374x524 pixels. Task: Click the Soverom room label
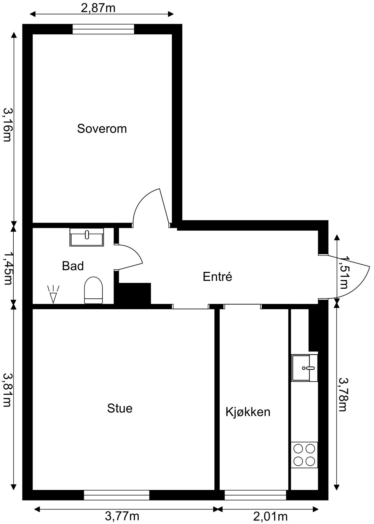coord(102,129)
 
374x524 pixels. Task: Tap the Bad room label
coord(73,266)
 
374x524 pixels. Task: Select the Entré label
coord(217,277)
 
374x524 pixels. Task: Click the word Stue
coord(120,408)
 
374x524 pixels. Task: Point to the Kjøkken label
coord(248,412)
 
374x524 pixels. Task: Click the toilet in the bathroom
coord(93,290)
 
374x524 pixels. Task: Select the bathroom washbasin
coord(87,237)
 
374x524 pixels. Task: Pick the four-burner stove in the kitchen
coord(304,455)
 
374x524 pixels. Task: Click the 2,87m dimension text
coord(98,8)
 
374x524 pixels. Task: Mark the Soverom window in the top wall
coord(103,29)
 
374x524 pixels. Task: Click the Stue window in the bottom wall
coord(117,495)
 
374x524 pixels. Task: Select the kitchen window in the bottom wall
coord(255,495)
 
